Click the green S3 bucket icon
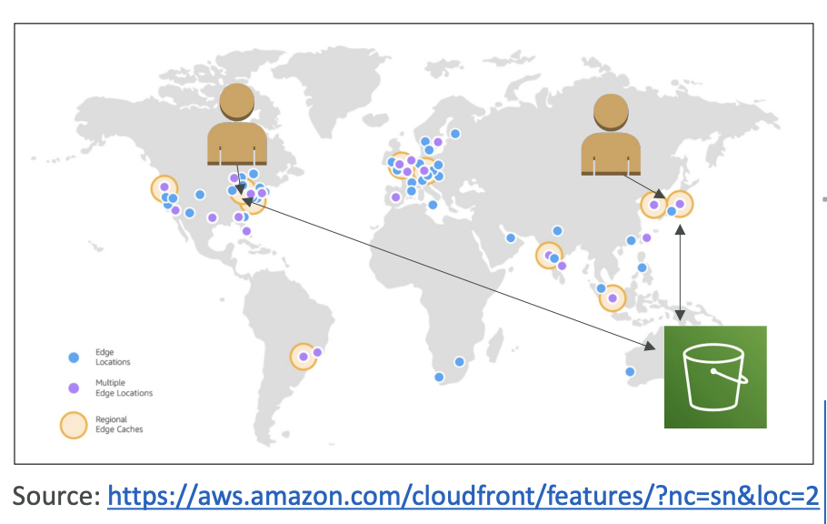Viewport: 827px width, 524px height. tap(715, 378)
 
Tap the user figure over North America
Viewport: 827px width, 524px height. tap(237, 125)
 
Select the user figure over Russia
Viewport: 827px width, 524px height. tap(611, 135)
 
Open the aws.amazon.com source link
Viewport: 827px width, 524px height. tap(463, 496)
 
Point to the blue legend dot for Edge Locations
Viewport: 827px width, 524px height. tap(74, 358)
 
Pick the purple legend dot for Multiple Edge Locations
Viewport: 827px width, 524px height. tap(74, 388)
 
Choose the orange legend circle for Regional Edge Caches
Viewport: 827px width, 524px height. tap(74, 425)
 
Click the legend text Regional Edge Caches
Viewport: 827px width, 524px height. tap(119, 424)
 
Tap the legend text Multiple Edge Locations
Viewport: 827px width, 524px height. tap(124, 388)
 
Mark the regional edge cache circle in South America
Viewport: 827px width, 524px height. tap(304, 357)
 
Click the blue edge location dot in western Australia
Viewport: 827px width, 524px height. tap(630, 372)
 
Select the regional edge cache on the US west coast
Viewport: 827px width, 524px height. tap(164, 188)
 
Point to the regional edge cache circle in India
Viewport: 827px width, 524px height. tap(549, 256)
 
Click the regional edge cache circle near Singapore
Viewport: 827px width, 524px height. tap(613, 297)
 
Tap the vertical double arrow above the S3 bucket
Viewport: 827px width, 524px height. tap(680, 272)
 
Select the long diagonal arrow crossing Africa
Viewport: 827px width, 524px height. tap(449, 274)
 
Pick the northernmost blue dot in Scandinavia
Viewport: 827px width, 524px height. tap(455, 134)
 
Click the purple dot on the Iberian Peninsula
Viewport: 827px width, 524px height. tap(395, 197)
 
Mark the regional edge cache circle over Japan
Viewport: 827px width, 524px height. tap(680, 204)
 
